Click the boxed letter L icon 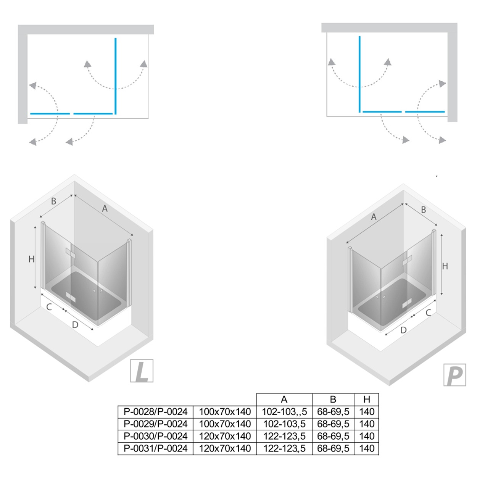pyautogui.click(x=142, y=371)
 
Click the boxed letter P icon pyautogui.click(x=455, y=375)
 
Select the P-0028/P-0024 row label pyautogui.click(x=155, y=412)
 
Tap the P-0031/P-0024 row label pyautogui.click(x=155, y=448)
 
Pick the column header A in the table pyautogui.click(x=284, y=400)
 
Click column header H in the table pyautogui.click(x=367, y=400)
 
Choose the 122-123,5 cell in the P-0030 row pyautogui.click(x=284, y=436)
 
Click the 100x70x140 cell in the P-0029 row pyautogui.click(x=225, y=424)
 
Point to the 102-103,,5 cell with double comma pyautogui.click(x=284, y=412)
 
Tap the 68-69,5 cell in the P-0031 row pyautogui.click(x=333, y=448)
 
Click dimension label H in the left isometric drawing pyautogui.click(x=31, y=259)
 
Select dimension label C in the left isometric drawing pyautogui.click(x=49, y=307)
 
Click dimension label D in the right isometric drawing pyautogui.click(x=403, y=330)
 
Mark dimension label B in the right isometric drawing pyautogui.click(x=424, y=210)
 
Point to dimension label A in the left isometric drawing pyautogui.click(x=105, y=209)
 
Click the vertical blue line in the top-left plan pyautogui.click(x=116, y=76)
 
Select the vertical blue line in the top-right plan pyautogui.click(x=360, y=74)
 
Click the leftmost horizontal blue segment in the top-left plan pyautogui.click(x=50, y=114)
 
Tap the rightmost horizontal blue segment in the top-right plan pyautogui.click(x=425, y=112)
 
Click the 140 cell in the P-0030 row pyautogui.click(x=367, y=436)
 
